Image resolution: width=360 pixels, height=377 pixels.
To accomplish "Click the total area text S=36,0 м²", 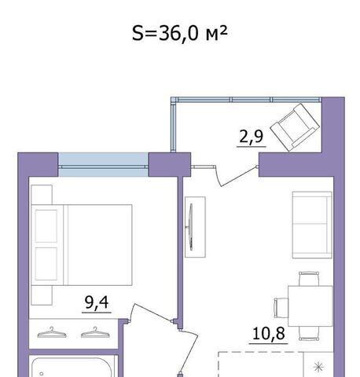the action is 179,34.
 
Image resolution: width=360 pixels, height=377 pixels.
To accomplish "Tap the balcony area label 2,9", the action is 251,137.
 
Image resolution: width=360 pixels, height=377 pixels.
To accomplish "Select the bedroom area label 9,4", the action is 97,302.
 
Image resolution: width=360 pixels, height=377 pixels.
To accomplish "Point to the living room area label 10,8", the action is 268,334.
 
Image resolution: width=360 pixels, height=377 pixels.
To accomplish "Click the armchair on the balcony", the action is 295,127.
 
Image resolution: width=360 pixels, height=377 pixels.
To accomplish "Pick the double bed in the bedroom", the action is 82,245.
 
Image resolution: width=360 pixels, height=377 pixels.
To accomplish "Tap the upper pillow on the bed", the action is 46,226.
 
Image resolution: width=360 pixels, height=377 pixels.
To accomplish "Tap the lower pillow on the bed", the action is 46,264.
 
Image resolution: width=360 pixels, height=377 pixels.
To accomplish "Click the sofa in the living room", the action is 312,225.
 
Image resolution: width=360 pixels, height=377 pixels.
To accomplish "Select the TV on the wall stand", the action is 192,227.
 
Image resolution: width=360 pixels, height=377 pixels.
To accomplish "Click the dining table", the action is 310,306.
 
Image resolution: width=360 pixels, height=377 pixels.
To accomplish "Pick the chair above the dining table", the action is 309,279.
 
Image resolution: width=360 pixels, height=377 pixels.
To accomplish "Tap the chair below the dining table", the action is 309,333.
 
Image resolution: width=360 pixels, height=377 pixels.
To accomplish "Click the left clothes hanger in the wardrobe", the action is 52,332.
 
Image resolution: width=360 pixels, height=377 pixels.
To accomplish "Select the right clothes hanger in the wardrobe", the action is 95,332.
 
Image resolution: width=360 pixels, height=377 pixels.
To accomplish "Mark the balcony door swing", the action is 238,176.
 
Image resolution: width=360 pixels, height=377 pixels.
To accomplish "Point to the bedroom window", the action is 103,165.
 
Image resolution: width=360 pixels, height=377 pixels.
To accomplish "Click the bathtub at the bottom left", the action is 74,368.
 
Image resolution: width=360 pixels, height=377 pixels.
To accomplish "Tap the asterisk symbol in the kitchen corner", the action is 318,367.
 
